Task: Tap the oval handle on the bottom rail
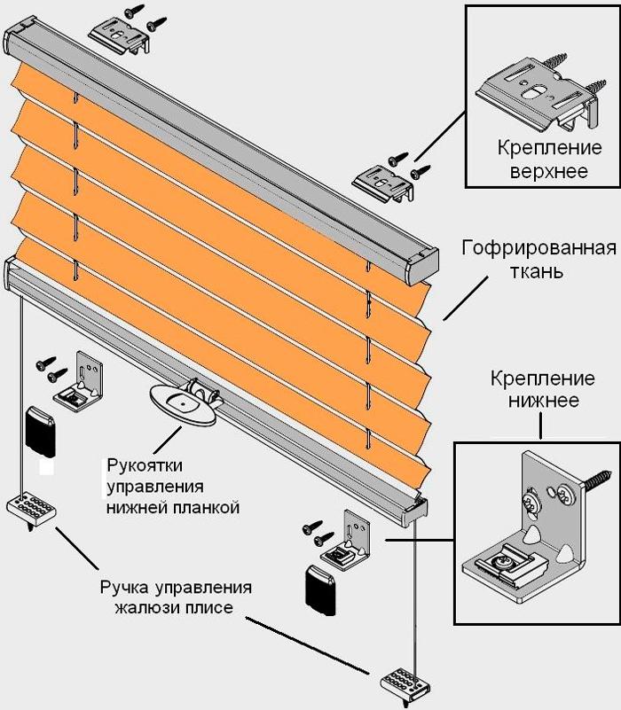(x=183, y=404)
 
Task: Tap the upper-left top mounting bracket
(x=119, y=34)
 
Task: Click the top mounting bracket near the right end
(x=384, y=183)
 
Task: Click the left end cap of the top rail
(x=20, y=43)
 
